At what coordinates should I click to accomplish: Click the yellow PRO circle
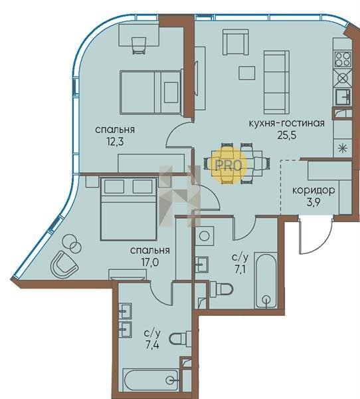coord(229,166)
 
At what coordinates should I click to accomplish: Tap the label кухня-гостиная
coord(286,123)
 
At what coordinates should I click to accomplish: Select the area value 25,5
coord(287,135)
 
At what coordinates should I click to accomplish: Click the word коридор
coord(314,190)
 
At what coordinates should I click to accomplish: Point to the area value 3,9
coord(314,203)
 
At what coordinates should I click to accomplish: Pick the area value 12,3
coord(115,142)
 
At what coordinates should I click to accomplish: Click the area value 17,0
coord(150,262)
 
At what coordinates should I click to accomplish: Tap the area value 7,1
coord(240,269)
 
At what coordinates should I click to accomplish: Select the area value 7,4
coord(152,345)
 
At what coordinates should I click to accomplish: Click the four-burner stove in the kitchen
coord(343,59)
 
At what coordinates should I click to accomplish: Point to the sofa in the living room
coord(276,82)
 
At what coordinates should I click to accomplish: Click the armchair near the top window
coord(235,42)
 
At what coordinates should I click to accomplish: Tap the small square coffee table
coord(246,72)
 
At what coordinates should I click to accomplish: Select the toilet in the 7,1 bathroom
coord(221,289)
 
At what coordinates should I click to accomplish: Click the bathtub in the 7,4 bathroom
coord(151,380)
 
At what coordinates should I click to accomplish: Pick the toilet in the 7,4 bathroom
coord(180,338)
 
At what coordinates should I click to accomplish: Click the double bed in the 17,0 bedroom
coord(129,209)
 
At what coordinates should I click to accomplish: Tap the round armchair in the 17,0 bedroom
coord(64,265)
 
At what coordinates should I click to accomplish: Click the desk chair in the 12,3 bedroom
coord(139,45)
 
